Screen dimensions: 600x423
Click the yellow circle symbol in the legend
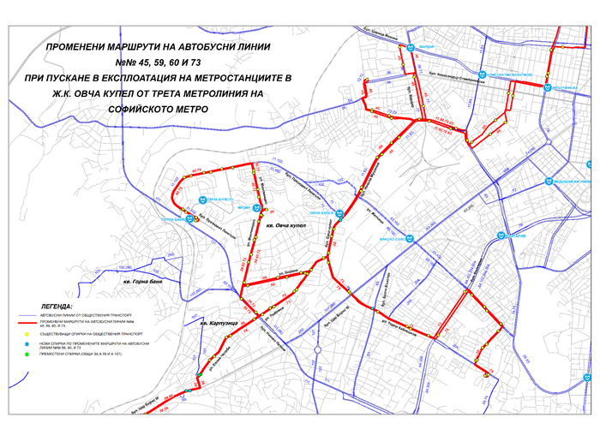click(x=26, y=334)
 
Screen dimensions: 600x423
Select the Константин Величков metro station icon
click(x=483, y=74)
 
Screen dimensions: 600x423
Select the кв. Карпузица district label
click(x=216, y=325)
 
